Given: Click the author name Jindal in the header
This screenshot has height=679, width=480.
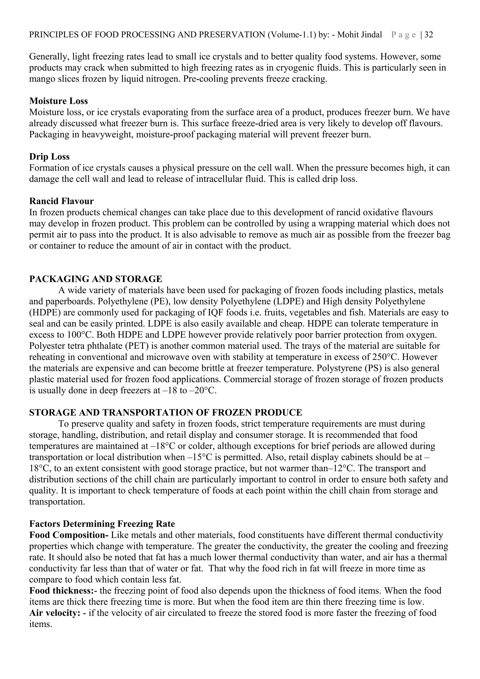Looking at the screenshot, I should click(371, 35).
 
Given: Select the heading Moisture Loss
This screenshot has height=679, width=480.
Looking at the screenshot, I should click(59, 101).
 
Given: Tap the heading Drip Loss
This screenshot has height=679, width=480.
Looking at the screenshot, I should click(49, 157).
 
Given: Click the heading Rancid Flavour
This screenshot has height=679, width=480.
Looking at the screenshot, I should click(61, 201).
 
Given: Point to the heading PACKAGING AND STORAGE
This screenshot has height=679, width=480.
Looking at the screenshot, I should click(96, 279).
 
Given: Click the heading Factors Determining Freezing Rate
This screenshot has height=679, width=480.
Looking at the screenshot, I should click(102, 524).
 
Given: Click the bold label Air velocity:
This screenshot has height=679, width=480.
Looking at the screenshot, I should click(55, 613).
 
